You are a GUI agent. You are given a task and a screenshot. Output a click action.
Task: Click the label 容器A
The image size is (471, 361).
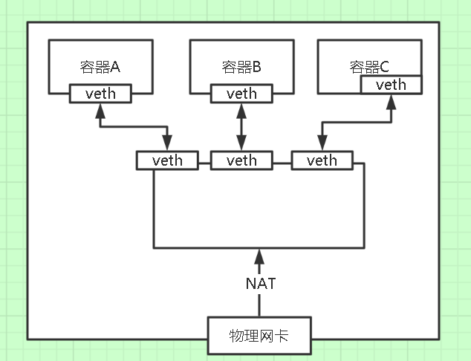click(x=100, y=68)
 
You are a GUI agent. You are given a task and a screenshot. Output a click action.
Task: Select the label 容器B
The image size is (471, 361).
click(x=241, y=68)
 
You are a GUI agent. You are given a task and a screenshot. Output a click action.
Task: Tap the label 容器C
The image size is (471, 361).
click(x=369, y=68)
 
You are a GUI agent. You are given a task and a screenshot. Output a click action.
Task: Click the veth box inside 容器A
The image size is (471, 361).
click(x=100, y=94)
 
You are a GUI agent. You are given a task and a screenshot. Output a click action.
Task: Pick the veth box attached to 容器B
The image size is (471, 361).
click(x=241, y=94)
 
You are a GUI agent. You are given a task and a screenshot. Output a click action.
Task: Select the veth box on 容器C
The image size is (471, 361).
click(x=391, y=85)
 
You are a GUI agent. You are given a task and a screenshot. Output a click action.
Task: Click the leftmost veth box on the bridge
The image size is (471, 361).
click(x=167, y=160)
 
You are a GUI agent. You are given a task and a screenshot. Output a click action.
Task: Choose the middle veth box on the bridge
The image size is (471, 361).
click(x=241, y=160)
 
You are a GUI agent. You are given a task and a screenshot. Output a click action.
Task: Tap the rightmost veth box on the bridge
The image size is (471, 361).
click(x=322, y=160)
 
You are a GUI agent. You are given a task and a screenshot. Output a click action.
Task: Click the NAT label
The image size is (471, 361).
click(x=259, y=283)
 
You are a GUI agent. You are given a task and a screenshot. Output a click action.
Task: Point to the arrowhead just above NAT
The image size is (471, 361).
click(x=259, y=256)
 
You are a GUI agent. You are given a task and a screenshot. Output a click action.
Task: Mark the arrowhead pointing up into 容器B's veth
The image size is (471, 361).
click(x=241, y=110)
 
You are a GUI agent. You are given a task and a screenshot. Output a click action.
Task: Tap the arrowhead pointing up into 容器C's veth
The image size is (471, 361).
click(x=392, y=101)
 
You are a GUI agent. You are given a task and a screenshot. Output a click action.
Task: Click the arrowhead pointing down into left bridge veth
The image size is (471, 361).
click(x=168, y=144)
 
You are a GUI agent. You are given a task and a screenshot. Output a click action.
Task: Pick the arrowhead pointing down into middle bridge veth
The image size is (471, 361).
click(x=241, y=144)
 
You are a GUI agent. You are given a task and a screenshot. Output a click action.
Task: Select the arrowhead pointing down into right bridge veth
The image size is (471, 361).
click(x=322, y=144)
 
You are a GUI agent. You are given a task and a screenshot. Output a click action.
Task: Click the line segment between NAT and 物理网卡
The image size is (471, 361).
click(x=259, y=305)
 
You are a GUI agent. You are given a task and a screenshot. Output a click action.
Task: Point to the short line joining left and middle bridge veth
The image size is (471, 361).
click(x=204, y=160)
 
